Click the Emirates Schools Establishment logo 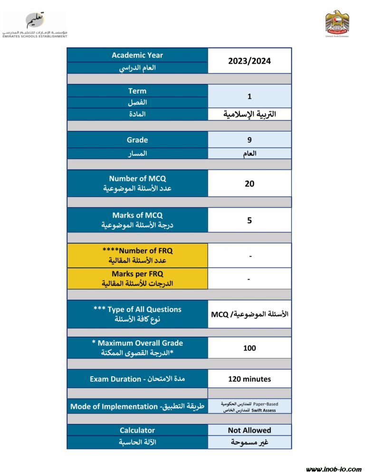click(x=35, y=25)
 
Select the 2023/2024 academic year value click(x=250, y=61)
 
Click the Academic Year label click(x=137, y=55)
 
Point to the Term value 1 click(x=250, y=96)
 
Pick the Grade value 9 click(x=250, y=140)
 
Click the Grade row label click(x=137, y=140)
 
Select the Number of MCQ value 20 click(x=250, y=183)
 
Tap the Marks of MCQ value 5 click(x=250, y=220)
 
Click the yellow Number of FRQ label click(x=137, y=255)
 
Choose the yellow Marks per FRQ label click(x=137, y=279)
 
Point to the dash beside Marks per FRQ click(x=250, y=279)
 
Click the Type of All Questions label click(x=137, y=314)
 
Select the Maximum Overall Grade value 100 click(x=250, y=348)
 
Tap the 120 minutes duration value click(x=250, y=379)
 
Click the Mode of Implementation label click(x=137, y=406)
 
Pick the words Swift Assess click(x=264, y=410)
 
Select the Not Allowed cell click(x=250, y=430)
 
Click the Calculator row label click(x=137, y=430)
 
